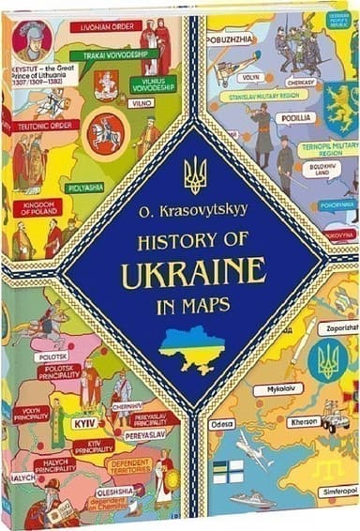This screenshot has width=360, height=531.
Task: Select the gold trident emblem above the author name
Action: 195,174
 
